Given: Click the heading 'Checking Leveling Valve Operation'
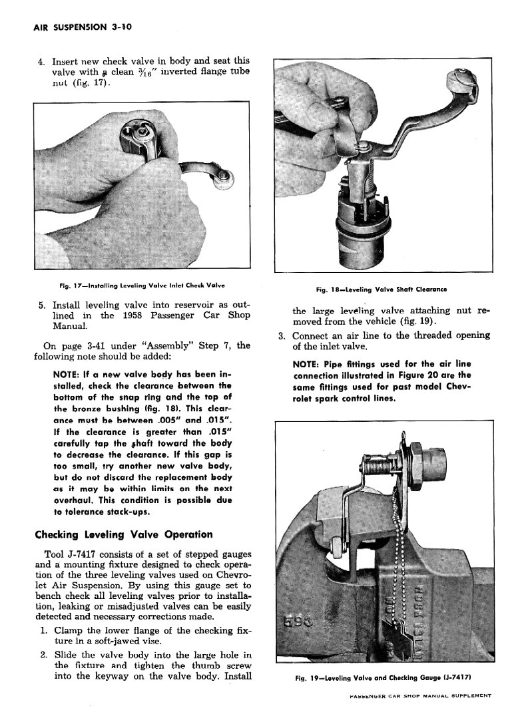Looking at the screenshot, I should [123, 534].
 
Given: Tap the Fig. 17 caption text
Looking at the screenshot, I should [141, 285].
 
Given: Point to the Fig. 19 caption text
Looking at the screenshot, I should [383, 678].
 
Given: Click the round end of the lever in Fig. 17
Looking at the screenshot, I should [226, 178].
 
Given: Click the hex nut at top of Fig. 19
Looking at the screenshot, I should [421, 460].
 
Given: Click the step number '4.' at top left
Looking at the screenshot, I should [41, 61].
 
